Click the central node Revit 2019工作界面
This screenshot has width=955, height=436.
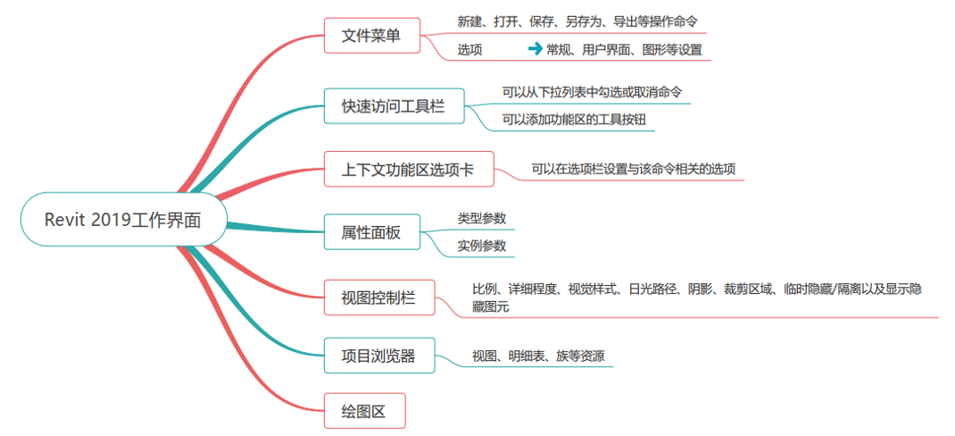coord(123,219)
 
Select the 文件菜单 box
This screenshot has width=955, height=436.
coord(371,37)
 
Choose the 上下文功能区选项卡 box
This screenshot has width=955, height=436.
coord(408,169)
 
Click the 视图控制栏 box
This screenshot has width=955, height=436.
coord(378,296)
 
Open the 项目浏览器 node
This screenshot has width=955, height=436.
coord(378,356)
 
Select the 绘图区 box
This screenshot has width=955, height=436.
coord(364,412)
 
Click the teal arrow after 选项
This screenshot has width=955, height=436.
coord(536,49)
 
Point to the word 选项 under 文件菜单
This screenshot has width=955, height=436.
coord(470,50)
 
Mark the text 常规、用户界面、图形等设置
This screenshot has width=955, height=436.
coord(624,50)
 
